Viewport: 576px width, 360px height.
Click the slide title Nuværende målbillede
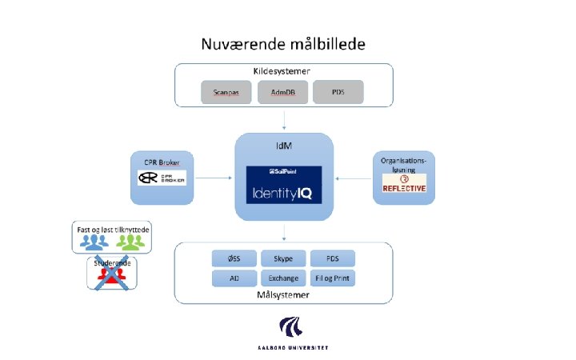[x=285, y=42]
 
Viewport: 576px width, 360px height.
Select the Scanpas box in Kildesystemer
[x=226, y=92]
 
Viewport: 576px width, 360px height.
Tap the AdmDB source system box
[x=282, y=92]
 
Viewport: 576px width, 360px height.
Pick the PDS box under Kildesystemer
[x=338, y=92]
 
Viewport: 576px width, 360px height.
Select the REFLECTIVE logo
[x=404, y=183]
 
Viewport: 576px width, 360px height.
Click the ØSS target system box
[x=233, y=259]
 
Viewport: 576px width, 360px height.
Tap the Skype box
[x=283, y=259]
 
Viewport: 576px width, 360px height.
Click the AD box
[x=233, y=278]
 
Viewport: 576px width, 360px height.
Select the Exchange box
[x=283, y=278]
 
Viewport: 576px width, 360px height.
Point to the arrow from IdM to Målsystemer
[x=285, y=231]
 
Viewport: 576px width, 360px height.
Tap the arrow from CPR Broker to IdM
[x=213, y=178]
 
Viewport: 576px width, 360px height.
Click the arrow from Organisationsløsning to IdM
[x=354, y=178]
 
